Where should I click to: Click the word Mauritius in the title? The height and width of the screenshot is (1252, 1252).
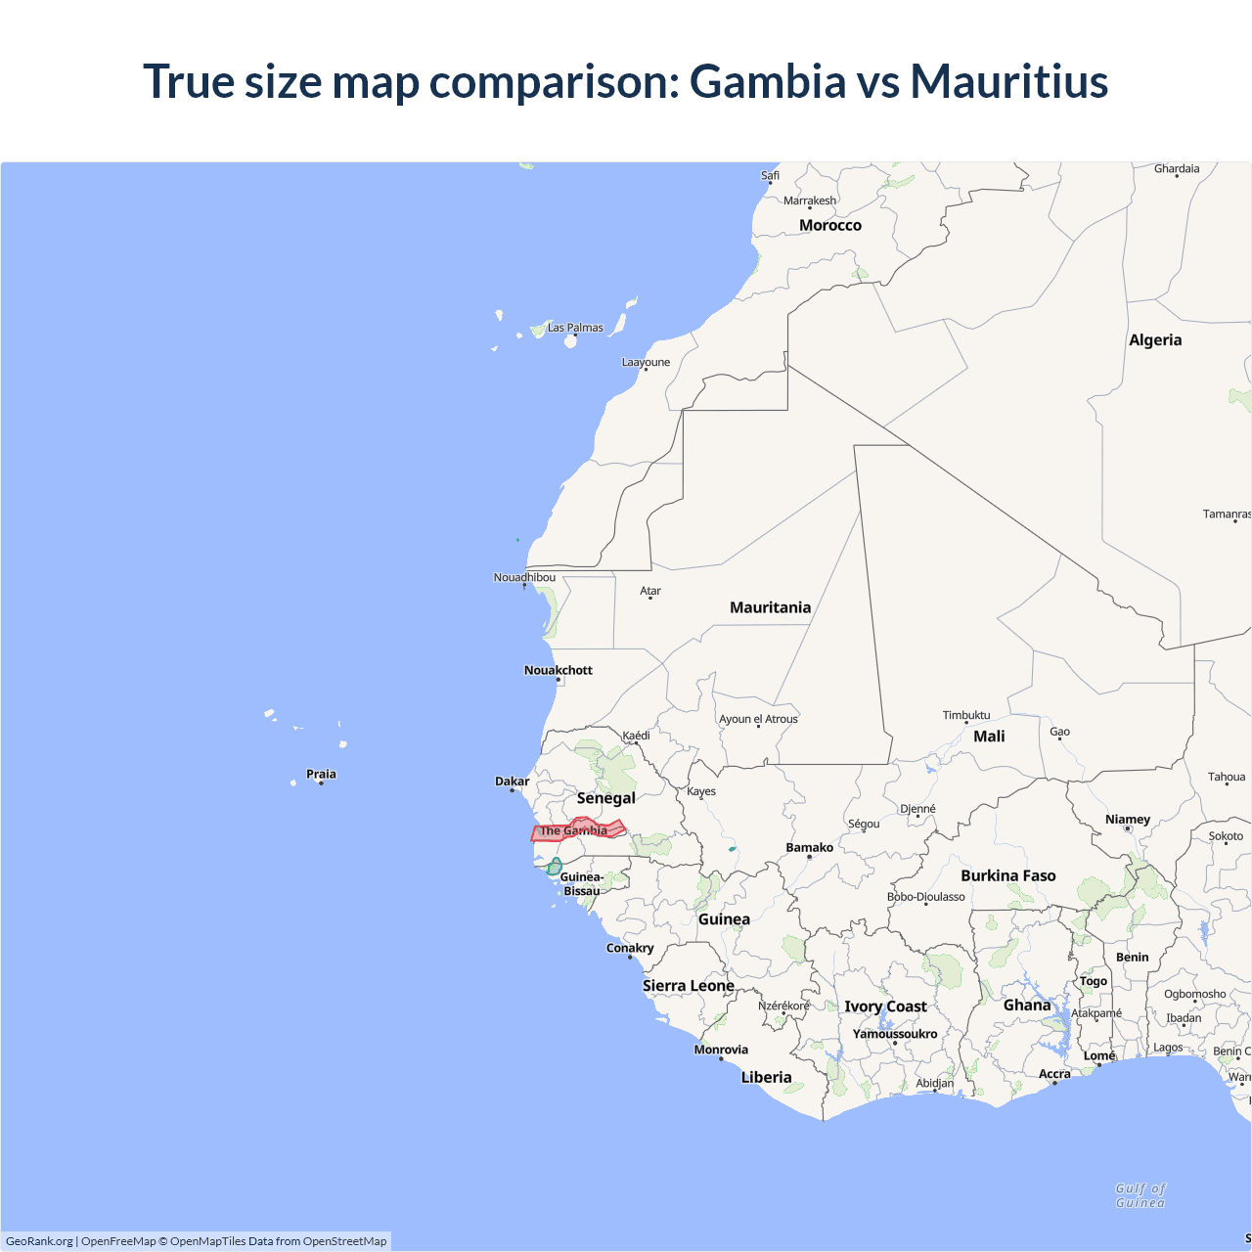pos(1008,81)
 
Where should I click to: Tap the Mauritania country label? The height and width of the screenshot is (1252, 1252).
pos(770,607)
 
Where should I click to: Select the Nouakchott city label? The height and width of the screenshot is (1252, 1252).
pos(558,670)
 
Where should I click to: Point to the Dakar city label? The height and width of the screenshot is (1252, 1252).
pos(512,782)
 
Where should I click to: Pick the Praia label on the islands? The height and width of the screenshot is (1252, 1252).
pos(321,774)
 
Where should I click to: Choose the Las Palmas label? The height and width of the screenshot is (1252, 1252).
pos(575,328)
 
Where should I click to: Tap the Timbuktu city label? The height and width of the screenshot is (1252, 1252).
pos(965,715)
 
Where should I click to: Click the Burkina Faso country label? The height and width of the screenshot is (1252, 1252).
pos(1007,875)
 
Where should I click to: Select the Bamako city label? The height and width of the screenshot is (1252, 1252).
pos(809,848)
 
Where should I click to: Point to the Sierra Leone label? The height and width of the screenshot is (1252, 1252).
pos(688,985)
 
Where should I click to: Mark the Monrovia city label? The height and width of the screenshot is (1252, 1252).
pos(721,1050)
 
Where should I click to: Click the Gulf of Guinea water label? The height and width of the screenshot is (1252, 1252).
pos(1140,1195)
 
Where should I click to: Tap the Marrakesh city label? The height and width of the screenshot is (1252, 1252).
pos(810,201)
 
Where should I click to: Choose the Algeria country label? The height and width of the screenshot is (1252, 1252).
pos(1154,340)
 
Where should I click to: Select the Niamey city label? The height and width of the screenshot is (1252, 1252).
pos(1127,820)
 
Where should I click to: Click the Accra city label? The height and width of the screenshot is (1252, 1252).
pos(1054,1074)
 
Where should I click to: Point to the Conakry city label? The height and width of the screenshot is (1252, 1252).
pos(630,948)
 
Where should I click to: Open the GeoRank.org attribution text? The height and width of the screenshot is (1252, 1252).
pos(39,1241)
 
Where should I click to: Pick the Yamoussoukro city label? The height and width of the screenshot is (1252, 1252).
pos(894,1034)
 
